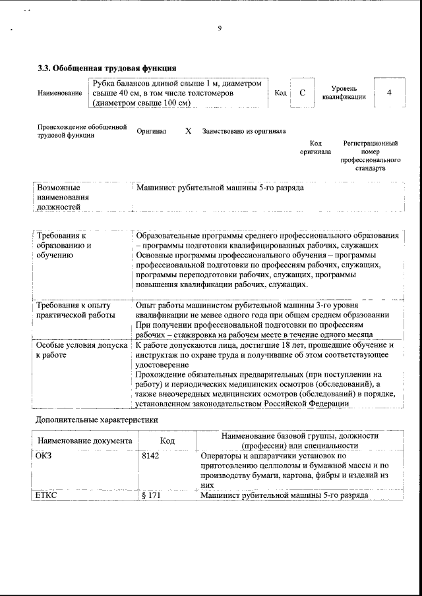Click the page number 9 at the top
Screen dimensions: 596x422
click(x=219, y=28)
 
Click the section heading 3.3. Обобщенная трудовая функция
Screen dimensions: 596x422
click(x=106, y=67)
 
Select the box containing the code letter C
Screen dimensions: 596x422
click(x=302, y=93)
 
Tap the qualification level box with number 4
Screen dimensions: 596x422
click(x=389, y=93)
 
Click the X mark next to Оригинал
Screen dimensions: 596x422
click(x=188, y=131)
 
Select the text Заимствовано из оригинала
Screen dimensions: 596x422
click(x=244, y=131)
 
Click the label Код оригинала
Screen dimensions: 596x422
click(x=315, y=147)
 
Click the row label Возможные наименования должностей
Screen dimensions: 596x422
click(x=63, y=198)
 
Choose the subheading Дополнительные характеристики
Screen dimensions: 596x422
click(x=96, y=419)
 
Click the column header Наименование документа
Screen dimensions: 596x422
click(x=85, y=441)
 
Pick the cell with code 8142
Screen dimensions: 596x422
click(x=150, y=456)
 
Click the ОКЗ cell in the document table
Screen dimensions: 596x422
click(x=43, y=456)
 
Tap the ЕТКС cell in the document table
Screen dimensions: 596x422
click(x=45, y=495)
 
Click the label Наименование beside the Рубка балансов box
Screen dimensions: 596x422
click(x=59, y=94)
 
